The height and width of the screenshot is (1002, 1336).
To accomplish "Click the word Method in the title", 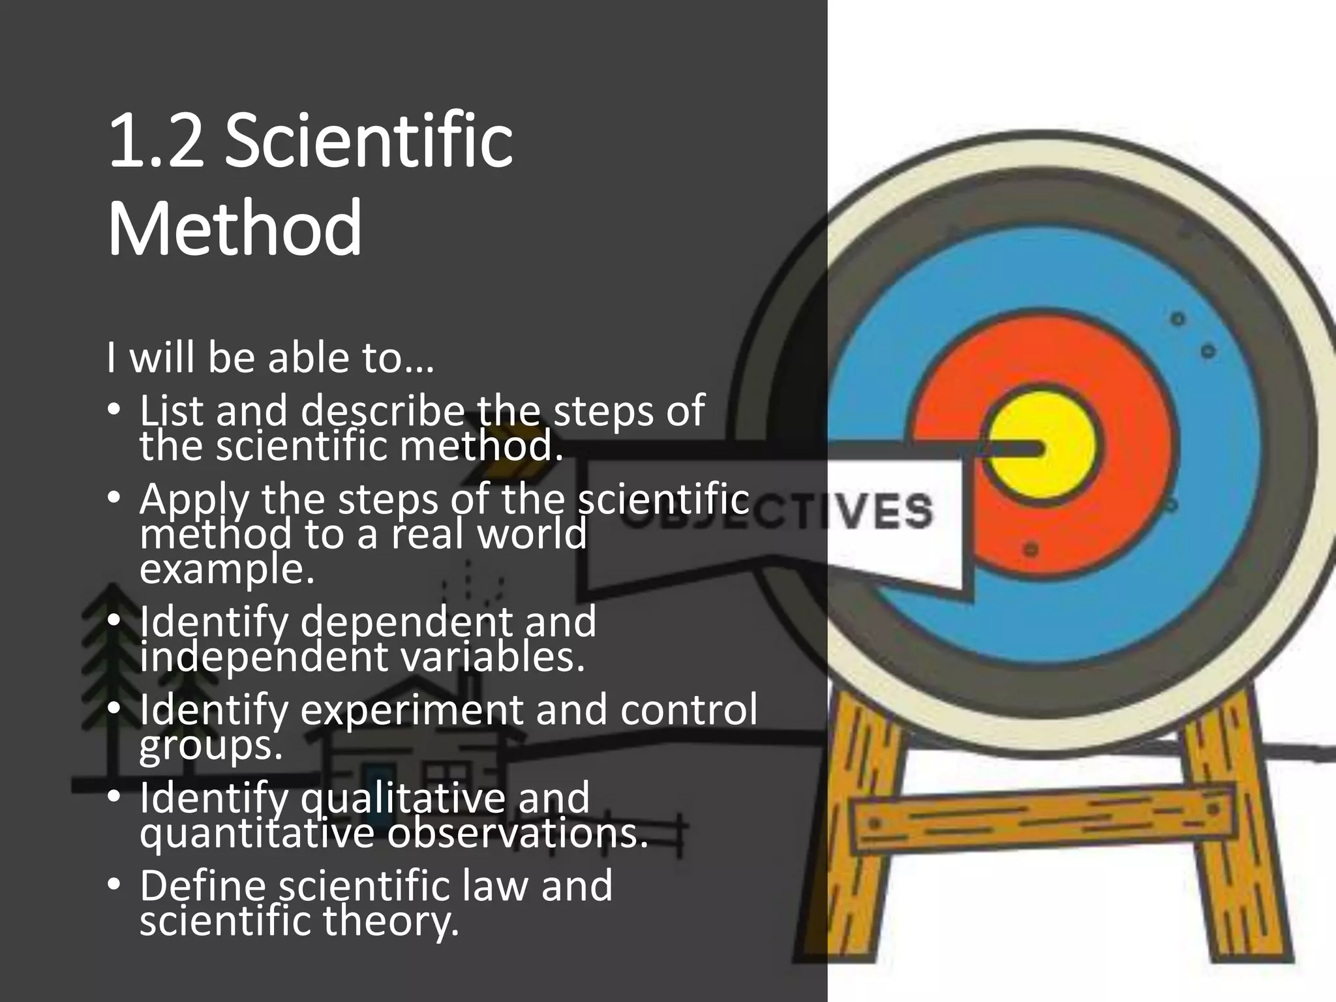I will (x=234, y=229).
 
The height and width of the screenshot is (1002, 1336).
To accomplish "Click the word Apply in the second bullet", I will (x=194, y=500).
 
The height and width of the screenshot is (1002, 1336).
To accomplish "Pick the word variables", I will (x=492, y=657).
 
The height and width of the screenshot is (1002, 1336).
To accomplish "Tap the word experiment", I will (x=412, y=710).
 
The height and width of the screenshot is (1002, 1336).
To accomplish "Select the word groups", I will (x=211, y=746).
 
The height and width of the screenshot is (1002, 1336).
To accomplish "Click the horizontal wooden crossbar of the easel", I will (x=1044, y=819).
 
